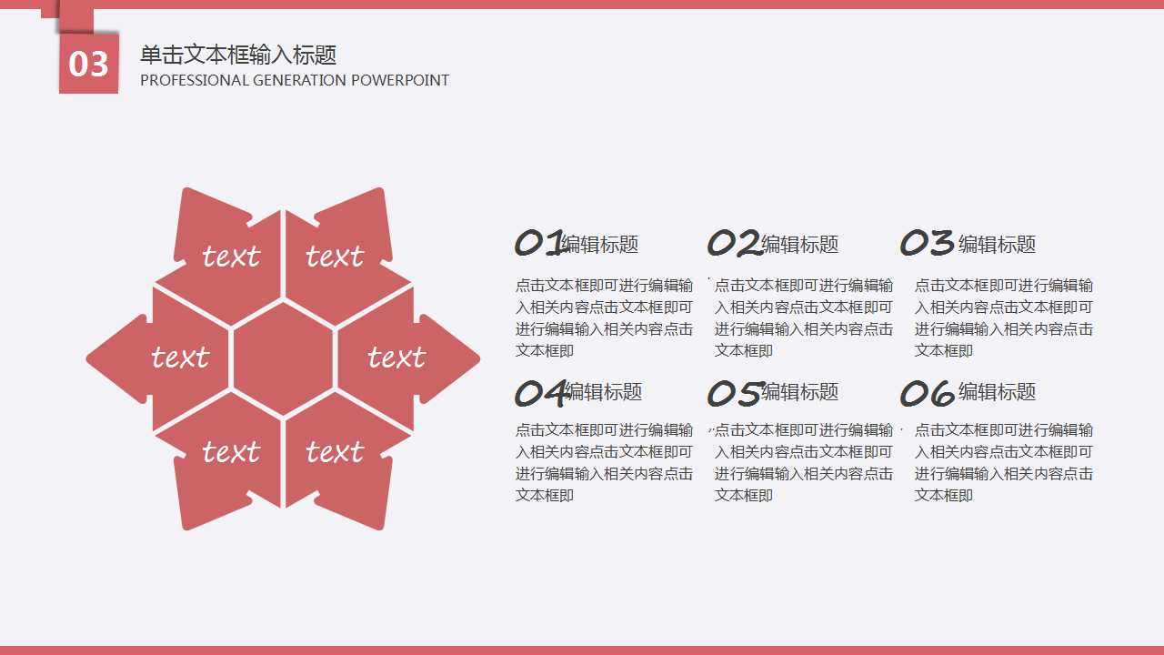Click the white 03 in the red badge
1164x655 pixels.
tap(88, 64)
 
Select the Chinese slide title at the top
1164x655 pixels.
tap(238, 55)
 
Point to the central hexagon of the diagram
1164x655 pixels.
tap(284, 358)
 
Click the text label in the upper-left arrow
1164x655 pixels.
tap(231, 257)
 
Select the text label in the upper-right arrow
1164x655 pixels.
tap(335, 257)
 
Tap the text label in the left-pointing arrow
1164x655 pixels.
tap(180, 357)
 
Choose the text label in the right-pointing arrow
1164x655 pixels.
tap(396, 357)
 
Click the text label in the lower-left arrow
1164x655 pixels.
tap(231, 451)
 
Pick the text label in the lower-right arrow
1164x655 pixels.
tap(335, 451)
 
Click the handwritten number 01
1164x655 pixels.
tap(540, 243)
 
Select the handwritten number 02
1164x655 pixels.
tap(734, 243)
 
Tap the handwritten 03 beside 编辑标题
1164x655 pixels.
tap(927, 243)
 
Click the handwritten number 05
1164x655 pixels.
tap(734, 393)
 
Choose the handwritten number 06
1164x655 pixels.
tap(927, 393)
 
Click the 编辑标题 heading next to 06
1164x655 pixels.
tap(997, 392)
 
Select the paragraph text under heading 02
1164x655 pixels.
tap(804, 317)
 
